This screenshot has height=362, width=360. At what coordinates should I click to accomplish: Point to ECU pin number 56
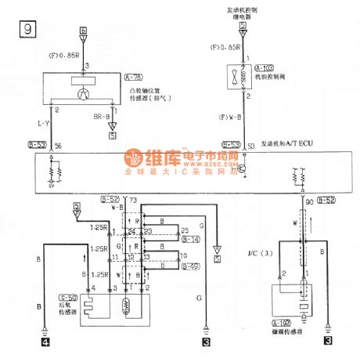(56, 147)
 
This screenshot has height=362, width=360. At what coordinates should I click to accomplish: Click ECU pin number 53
(250, 147)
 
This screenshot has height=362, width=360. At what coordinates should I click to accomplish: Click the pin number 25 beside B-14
(185, 229)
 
